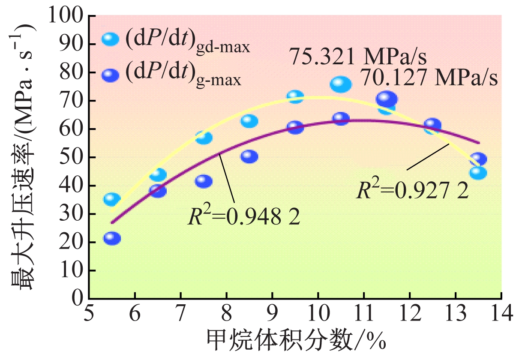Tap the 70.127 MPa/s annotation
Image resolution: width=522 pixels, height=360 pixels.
click(x=428, y=78)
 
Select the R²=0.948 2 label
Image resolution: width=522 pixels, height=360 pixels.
click(x=243, y=217)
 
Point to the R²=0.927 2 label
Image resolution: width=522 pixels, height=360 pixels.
click(x=413, y=190)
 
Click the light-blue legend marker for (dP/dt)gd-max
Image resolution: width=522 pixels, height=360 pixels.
click(x=111, y=39)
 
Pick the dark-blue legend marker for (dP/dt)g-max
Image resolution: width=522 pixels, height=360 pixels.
click(x=111, y=75)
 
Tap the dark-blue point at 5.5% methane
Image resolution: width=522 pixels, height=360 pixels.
click(x=112, y=238)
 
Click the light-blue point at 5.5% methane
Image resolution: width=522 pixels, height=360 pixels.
click(x=112, y=199)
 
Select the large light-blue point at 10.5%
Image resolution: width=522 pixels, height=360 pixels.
click(x=341, y=84)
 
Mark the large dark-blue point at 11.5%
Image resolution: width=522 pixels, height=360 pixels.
click(x=387, y=99)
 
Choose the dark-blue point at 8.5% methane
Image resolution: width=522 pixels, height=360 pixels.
click(x=249, y=156)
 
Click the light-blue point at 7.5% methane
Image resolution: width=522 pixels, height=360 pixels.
click(x=204, y=138)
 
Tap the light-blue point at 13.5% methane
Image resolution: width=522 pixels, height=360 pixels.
click(x=478, y=173)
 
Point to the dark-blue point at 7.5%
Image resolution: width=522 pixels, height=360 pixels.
click(x=204, y=181)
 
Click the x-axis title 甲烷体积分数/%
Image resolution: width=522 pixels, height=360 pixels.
click(x=296, y=343)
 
